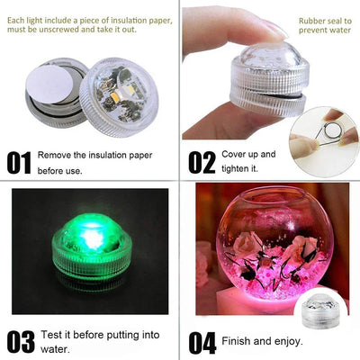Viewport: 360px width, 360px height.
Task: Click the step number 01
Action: coord(19,163)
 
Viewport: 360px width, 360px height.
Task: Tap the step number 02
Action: coord(202,163)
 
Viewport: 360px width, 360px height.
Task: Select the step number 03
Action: coord(20,343)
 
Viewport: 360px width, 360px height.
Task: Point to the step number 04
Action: coord(202,343)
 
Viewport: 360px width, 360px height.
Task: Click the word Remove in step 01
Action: coord(57,154)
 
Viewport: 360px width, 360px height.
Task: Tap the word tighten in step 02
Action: coord(235,168)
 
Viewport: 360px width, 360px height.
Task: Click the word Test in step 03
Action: coord(50,334)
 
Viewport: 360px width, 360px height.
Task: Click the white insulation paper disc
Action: coord(45,91)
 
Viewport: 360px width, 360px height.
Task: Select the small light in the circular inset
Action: coord(320,316)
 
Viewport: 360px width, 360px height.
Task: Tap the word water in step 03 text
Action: coord(53,349)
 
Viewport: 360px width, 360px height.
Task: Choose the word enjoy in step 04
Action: coord(290,341)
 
